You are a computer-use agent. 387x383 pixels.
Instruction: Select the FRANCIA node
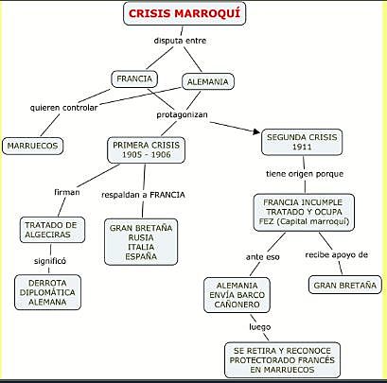click(x=134, y=79)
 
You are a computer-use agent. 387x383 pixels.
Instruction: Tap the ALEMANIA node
click(x=206, y=82)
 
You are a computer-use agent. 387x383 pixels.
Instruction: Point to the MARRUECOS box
click(x=31, y=146)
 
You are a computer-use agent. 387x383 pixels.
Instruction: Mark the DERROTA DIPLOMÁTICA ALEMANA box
click(x=48, y=291)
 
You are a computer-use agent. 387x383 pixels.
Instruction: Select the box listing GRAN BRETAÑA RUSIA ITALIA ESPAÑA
click(x=141, y=242)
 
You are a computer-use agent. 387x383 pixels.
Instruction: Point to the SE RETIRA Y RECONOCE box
click(x=281, y=360)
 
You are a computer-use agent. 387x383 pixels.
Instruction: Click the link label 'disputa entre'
click(x=180, y=42)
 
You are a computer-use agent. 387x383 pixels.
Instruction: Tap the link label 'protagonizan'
click(x=183, y=114)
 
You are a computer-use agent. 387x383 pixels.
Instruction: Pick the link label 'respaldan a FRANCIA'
click(x=143, y=195)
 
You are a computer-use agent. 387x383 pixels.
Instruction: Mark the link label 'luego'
click(x=259, y=326)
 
